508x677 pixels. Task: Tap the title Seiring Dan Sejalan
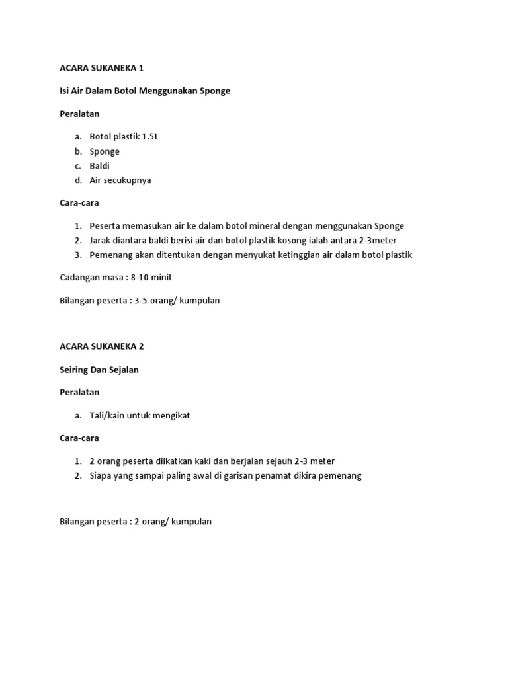coord(99,370)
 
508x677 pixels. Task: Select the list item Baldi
coord(100,165)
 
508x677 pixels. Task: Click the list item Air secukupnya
coord(120,180)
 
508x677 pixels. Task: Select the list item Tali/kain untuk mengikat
coord(140,415)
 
